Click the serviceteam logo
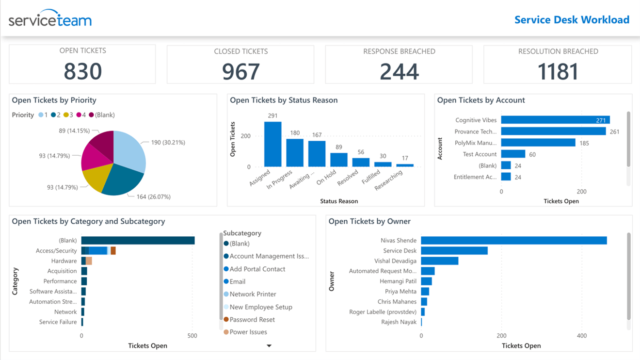[50, 19]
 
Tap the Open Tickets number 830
[82, 71]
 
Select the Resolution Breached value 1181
[558, 72]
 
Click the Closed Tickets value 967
[240, 72]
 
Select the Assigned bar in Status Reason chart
[272, 144]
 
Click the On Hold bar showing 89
[338, 160]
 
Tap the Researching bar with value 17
[404, 165]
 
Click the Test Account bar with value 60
[513, 154]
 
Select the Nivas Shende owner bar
[513, 241]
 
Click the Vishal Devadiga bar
[439, 261]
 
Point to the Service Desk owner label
[400, 251]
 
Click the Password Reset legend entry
[252, 320]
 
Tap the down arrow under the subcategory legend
[269, 346]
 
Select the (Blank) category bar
[138, 241]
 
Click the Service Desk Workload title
[572, 20]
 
